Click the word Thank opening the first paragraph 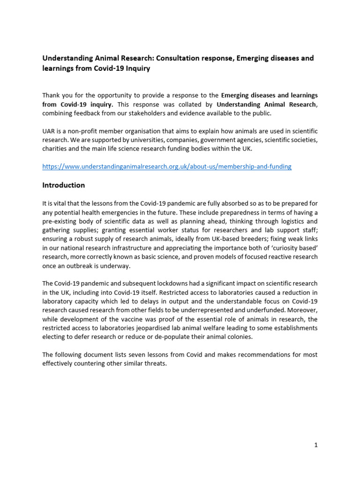(x=52, y=96)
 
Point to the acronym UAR (x=49, y=132)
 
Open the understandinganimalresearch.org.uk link (x=166, y=166)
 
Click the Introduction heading (x=63, y=185)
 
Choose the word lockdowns (x=159, y=284)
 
